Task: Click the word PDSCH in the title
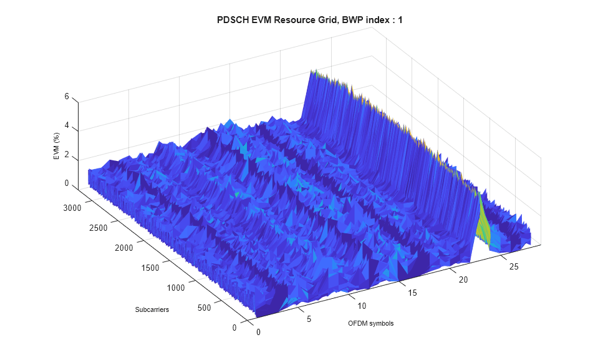[231, 21]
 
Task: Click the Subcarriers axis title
[152, 310]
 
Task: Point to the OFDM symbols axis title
[371, 323]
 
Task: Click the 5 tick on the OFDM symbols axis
[308, 319]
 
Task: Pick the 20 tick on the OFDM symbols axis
[462, 280]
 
